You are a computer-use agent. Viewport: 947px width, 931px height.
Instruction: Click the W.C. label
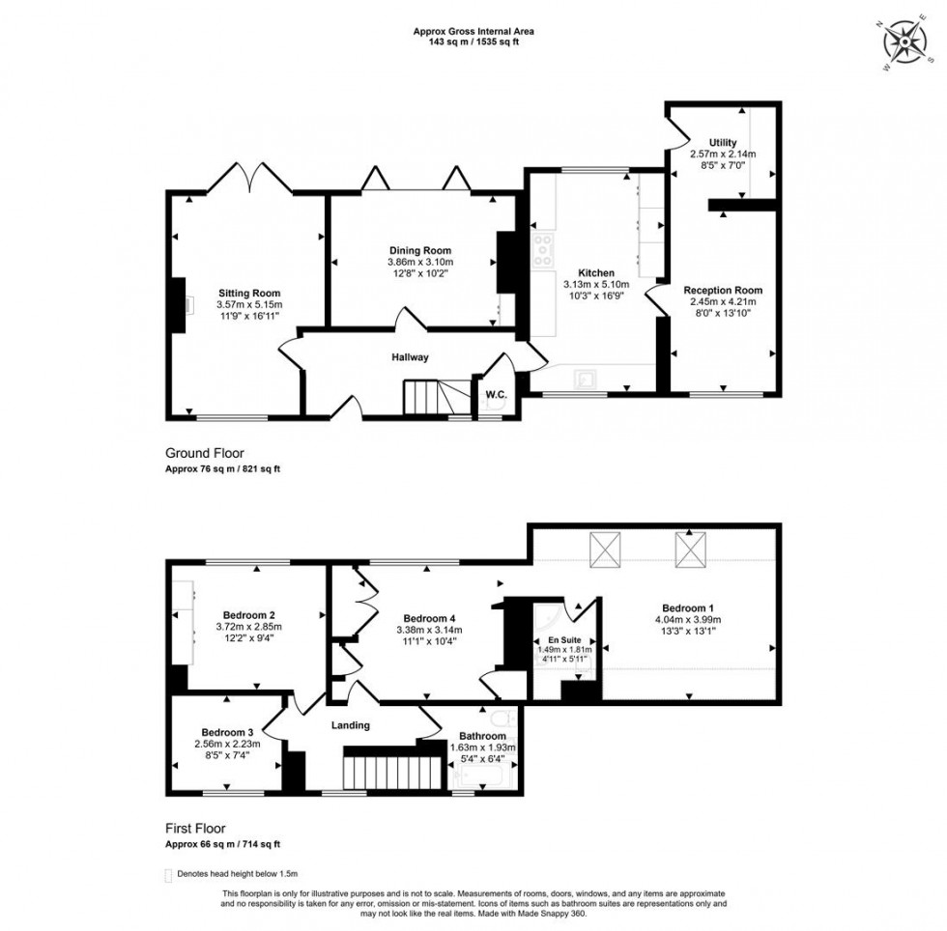pyautogui.click(x=497, y=394)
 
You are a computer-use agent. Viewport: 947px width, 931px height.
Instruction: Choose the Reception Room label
pyautogui.click(x=723, y=290)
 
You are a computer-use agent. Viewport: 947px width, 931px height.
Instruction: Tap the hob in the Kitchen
pyautogui.click(x=542, y=250)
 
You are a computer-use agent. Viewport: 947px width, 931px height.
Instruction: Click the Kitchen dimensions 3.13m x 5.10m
pyautogui.click(x=596, y=285)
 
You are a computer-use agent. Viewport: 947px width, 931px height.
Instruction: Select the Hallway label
pyautogui.click(x=410, y=357)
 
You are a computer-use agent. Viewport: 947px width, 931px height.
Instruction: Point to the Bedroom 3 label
pyautogui.click(x=227, y=731)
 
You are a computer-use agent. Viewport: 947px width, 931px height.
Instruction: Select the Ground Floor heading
pyautogui.click(x=205, y=452)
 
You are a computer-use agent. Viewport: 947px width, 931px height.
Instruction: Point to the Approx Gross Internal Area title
pyautogui.click(x=473, y=31)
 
